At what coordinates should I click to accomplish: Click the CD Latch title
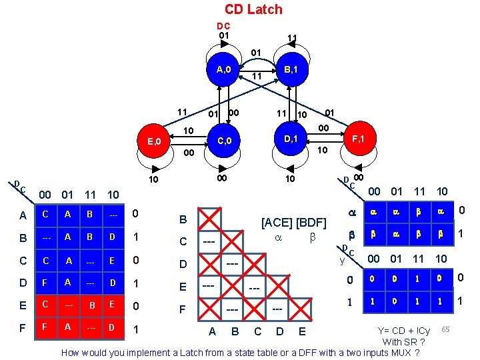pyautogui.click(x=253, y=9)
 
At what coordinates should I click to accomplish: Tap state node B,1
pyautogui.click(x=291, y=69)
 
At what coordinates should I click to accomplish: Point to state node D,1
pyautogui.click(x=291, y=139)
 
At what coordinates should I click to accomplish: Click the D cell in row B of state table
pyautogui.click(x=113, y=237)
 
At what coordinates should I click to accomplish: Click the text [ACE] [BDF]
pyautogui.click(x=293, y=222)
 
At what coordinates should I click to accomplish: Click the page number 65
pyautogui.click(x=445, y=329)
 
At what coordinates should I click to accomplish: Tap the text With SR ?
pyautogui.click(x=404, y=341)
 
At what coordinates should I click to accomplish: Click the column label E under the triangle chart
pyautogui.click(x=302, y=331)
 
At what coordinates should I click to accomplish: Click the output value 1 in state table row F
pyautogui.click(x=136, y=329)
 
